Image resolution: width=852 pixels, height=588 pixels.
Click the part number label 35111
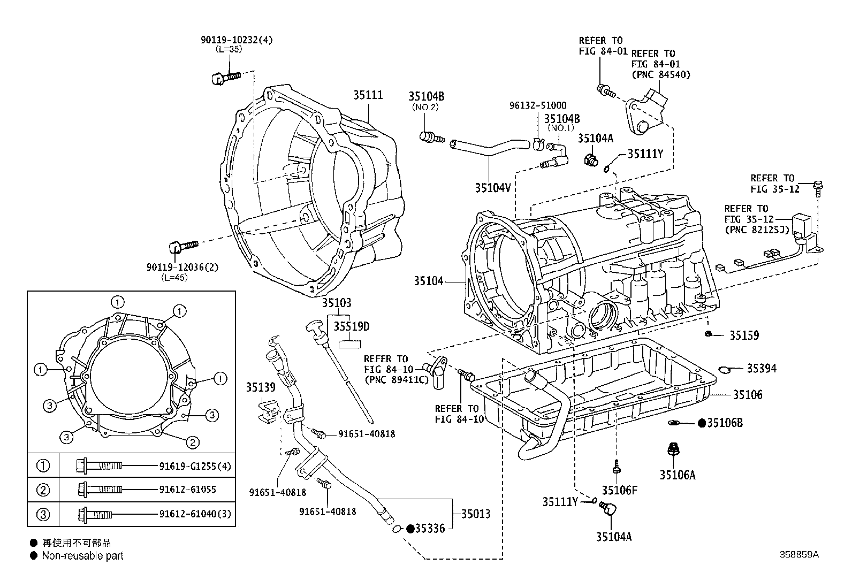pos(368,95)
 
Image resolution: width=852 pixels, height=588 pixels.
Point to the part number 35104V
pos(493,187)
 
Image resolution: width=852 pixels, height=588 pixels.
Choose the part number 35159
pos(744,335)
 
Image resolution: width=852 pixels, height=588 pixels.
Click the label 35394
pos(762,368)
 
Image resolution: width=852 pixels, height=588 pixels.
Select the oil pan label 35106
pos(748,395)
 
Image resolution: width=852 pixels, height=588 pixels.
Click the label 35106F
pos(619,490)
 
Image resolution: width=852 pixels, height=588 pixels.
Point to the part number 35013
pos(476,514)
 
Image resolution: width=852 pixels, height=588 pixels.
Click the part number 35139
pos(261,386)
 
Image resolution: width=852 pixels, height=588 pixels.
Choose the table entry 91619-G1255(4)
pos(195,466)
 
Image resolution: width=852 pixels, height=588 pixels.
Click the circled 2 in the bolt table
pos(43,490)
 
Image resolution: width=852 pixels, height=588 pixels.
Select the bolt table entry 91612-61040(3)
pos(195,514)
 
